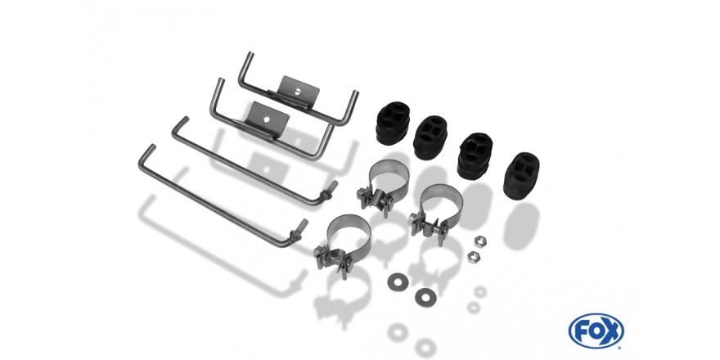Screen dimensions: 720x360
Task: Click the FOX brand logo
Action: tap(596, 331)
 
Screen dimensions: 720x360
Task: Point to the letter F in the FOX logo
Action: tap(580, 331)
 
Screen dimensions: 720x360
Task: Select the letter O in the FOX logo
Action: tap(596, 331)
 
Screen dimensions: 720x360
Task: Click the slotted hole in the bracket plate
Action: tap(298, 91)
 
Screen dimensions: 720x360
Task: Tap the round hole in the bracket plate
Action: tap(267, 119)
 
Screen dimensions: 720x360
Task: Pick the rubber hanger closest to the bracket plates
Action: tap(393, 123)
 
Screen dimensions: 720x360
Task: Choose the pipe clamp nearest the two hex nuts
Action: tap(437, 212)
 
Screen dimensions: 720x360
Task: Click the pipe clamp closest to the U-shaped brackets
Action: tap(384, 186)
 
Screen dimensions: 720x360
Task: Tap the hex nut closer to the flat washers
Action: tap(474, 257)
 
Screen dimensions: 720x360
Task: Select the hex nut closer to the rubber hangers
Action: tap(480, 241)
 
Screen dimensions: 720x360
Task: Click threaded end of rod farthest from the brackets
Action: tap(298, 229)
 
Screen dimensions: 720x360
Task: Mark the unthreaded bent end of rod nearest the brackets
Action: tap(179, 127)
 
